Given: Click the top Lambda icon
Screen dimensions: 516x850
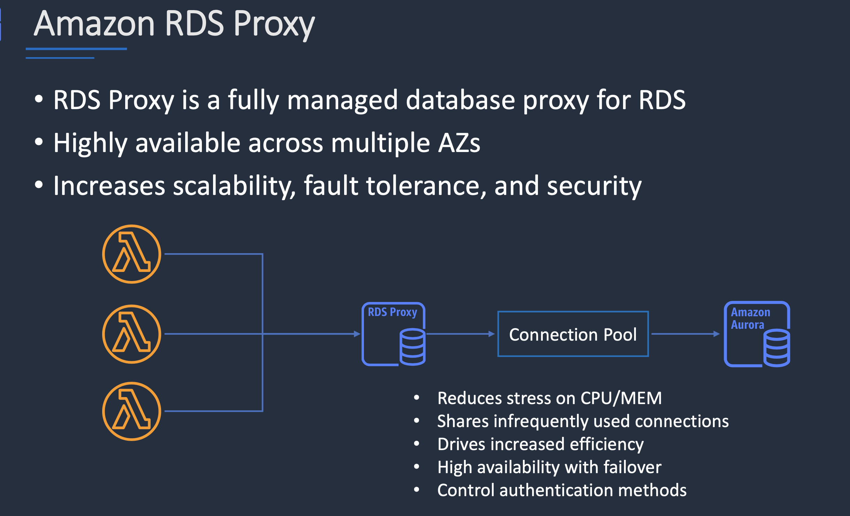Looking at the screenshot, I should [132, 254].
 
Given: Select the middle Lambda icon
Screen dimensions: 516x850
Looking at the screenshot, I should [132, 334].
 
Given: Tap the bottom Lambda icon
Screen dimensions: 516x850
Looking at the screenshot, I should [132, 411].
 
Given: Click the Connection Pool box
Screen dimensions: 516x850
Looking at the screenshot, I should [573, 334].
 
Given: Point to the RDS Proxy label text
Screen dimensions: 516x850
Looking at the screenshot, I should [392, 312].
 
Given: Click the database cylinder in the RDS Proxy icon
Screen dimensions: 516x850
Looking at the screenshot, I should [412, 347].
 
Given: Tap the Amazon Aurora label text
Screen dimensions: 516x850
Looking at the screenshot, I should [750, 318].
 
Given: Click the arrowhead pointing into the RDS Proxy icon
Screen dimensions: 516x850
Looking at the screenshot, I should [357, 334].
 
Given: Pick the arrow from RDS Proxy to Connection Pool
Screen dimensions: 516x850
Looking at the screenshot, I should [460, 334].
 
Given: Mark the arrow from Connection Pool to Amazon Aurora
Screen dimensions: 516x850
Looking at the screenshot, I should [685, 334].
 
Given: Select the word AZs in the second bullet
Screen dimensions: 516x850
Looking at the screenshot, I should [459, 143].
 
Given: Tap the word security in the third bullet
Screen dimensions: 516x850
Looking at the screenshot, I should [594, 186].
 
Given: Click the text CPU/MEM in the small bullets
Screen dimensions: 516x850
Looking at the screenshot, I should [621, 398].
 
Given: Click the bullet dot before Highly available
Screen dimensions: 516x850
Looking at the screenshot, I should [39, 142].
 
